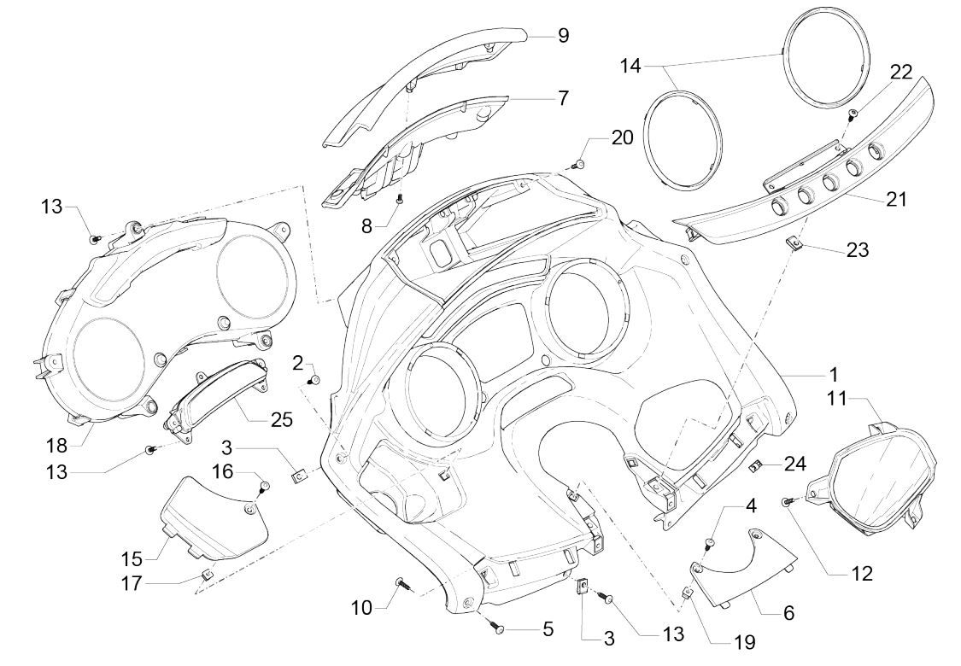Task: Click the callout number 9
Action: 563,35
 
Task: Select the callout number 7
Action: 563,98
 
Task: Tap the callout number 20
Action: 622,137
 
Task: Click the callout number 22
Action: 900,73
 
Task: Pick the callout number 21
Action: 896,200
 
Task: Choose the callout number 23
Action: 858,250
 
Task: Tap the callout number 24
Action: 796,464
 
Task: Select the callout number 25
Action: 281,419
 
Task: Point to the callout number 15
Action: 131,558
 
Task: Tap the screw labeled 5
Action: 498,628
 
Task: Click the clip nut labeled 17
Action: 205,573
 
